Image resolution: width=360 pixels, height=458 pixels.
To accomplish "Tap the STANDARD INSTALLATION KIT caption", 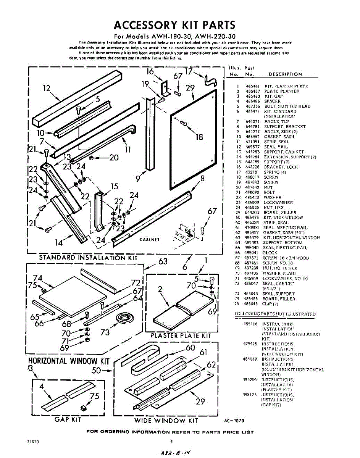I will [88, 258].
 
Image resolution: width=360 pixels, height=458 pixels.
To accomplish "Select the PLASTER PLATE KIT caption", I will [181, 335].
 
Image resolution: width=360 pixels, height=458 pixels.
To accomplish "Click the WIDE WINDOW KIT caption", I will [166, 421].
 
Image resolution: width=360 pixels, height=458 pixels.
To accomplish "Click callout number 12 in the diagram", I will [47, 89].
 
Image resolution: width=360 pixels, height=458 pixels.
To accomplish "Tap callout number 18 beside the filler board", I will [199, 137].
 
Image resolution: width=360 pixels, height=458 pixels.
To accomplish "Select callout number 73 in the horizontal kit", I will [105, 332].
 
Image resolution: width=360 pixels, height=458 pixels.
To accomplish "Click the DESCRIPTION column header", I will [285, 74].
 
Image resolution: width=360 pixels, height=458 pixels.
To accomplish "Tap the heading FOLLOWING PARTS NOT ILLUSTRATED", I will [274, 314].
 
